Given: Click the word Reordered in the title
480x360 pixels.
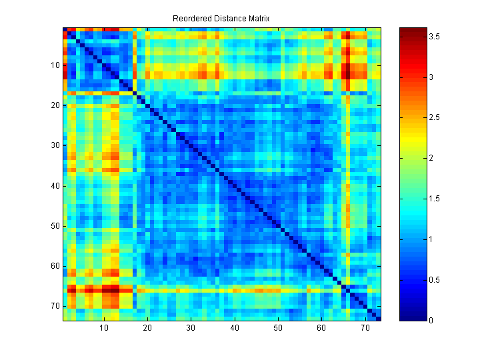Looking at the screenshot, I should point(190,18).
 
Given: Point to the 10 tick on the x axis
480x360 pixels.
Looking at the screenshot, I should point(104,328).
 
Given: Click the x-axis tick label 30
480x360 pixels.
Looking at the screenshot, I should point(191,328).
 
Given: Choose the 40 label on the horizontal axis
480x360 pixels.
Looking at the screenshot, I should point(235,328).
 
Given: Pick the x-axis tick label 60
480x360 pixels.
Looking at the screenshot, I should point(321,328).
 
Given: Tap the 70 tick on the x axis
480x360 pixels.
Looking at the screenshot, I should point(365,328).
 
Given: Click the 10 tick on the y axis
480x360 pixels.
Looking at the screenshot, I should point(55,65).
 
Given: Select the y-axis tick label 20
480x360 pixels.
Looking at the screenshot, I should point(55,105).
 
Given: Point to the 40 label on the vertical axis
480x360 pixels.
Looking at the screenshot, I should point(55,185).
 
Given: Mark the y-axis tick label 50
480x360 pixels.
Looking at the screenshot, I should point(55,225).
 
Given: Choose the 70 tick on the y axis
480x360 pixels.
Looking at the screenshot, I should point(55,306).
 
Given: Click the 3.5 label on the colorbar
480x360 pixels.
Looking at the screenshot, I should point(434,37).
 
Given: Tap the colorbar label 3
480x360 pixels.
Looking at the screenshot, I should point(431,78).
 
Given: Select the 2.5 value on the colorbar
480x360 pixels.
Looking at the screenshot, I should point(434,118).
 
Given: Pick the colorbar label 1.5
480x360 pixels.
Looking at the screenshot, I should point(434,199).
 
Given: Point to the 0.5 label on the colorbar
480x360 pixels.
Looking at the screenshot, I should point(434,279).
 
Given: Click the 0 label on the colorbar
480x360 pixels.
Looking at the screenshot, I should point(431,320).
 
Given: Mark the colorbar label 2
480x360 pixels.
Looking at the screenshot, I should point(431,159).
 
